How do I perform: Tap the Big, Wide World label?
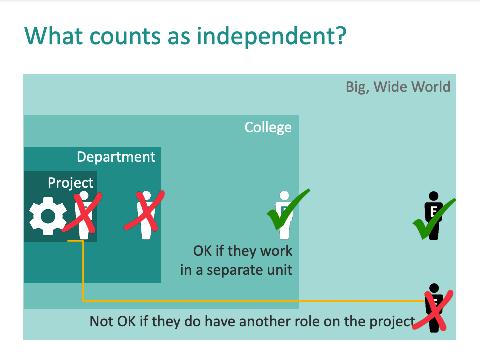pos(398,87)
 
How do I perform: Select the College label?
pos(268,127)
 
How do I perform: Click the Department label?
pos(116,157)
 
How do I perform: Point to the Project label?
pos(70,183)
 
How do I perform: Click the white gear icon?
pos(48,216)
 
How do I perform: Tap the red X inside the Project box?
pos(82,212)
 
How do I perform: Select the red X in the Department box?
pos(144,210)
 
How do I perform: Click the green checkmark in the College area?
pos(288,209)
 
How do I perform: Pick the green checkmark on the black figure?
pos(434,219)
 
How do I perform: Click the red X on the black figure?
pos(433,310)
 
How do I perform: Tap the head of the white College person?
pos(284,195)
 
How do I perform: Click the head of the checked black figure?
pos(434,196)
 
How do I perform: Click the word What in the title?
pos(54,36)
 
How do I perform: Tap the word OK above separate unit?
pos(202,251)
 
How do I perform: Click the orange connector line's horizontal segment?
pos(254,301)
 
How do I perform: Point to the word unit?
pos(280,270)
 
